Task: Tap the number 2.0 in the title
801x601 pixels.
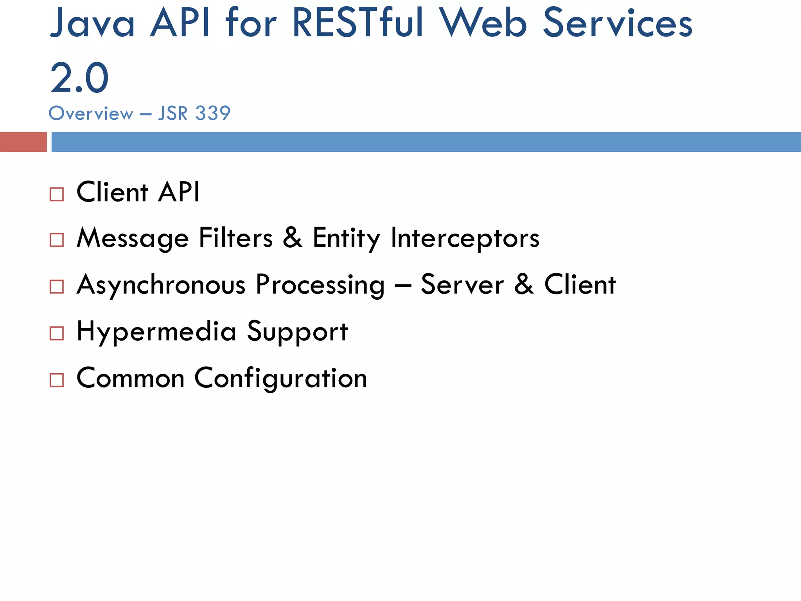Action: pyautogui.click(x=79, y=78)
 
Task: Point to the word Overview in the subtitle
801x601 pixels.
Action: pyautogui.click(x=91, y=113)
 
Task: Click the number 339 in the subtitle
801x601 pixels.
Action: pyautogui.click(x=213, y=113)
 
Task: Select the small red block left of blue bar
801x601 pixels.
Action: pyautogui.click(x=23, y=142)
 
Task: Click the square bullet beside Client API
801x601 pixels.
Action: pyautogui.click(x=57, y=194)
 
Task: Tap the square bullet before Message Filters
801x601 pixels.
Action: pyautogui.click(x=57, y=240)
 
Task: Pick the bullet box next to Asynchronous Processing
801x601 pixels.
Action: pyautogui.click(x=57, y=286)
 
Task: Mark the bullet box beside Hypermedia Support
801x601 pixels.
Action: pyautogui.click(x=57, y=333)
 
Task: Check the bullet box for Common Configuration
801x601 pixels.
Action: pyautogui.click(x=57, y=380)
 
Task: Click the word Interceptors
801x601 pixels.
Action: pyautogui.click(x=465, y=238)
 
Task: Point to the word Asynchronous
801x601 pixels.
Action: pyautogui.click(x=161, y=285)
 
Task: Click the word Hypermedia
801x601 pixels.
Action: pyautogui.click(x=156, y=332)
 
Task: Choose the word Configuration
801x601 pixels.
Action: pyautogui.click(x=281, y=378)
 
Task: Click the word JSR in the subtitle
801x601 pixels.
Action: pyautogui.click(x=173, y=113)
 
